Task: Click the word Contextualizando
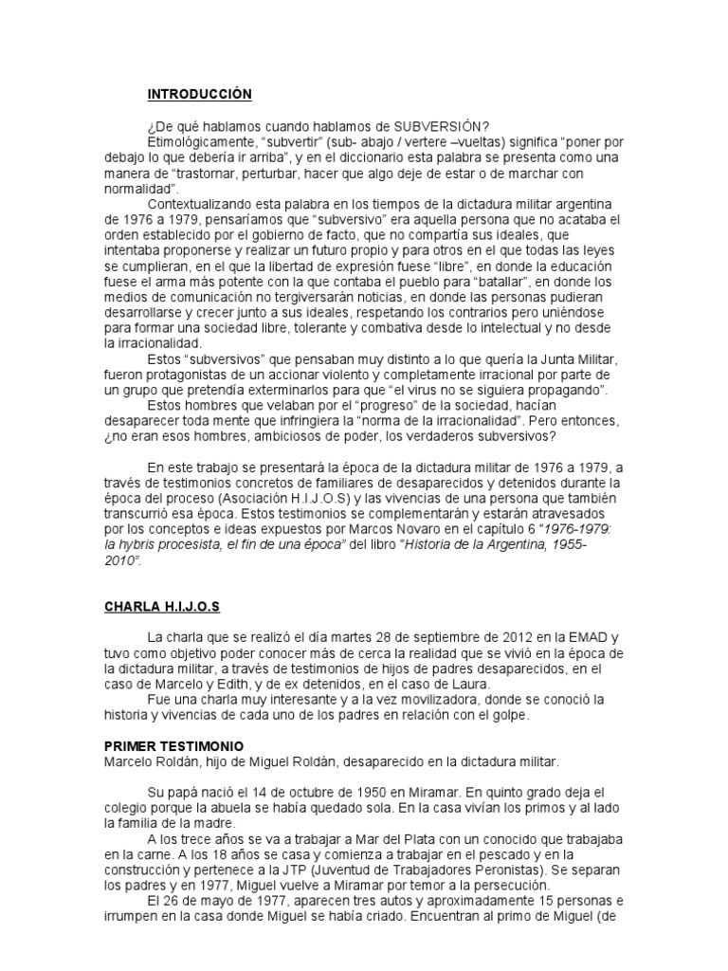coord(198,205)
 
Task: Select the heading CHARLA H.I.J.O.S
coord(163,607)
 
